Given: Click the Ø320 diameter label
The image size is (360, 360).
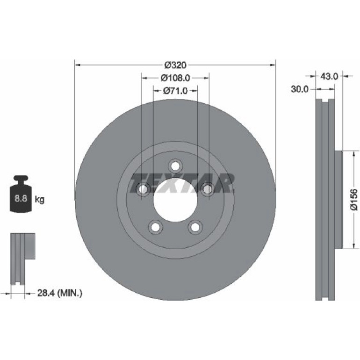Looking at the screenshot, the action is click(x=175, y=65).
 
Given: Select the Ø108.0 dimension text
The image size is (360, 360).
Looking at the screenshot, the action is click(x=175, y=78).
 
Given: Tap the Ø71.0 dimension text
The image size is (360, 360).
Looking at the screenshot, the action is click(x=175, y=91).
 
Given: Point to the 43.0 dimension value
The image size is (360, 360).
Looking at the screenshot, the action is click(x=329, y=76).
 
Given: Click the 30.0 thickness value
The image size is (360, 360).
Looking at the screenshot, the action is click(x=300, y=89).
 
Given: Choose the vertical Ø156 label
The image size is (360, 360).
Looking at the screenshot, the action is click(x=354, y=199).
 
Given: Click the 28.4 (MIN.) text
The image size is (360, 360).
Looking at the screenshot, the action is click(x=60, y=293).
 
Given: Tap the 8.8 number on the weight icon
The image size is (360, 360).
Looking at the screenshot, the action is click(x=21, y=198).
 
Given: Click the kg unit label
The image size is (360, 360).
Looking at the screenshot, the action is click(x=39, y=200).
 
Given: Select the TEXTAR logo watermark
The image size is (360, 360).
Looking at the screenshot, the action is click(x=182, y=183).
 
